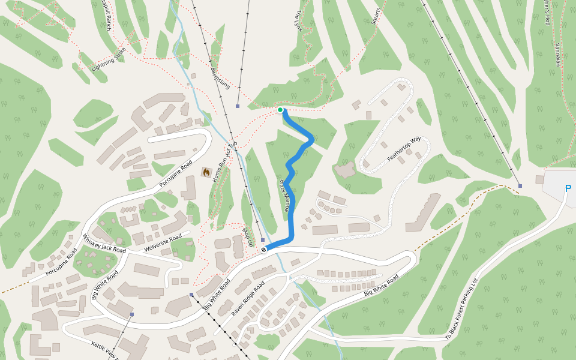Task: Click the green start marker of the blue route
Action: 280,110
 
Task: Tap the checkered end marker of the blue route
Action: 264,249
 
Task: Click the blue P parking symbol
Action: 568,188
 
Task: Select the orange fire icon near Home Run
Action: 206,173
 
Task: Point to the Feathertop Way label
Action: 404,149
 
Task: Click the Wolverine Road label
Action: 163,242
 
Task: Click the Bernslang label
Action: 220,77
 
